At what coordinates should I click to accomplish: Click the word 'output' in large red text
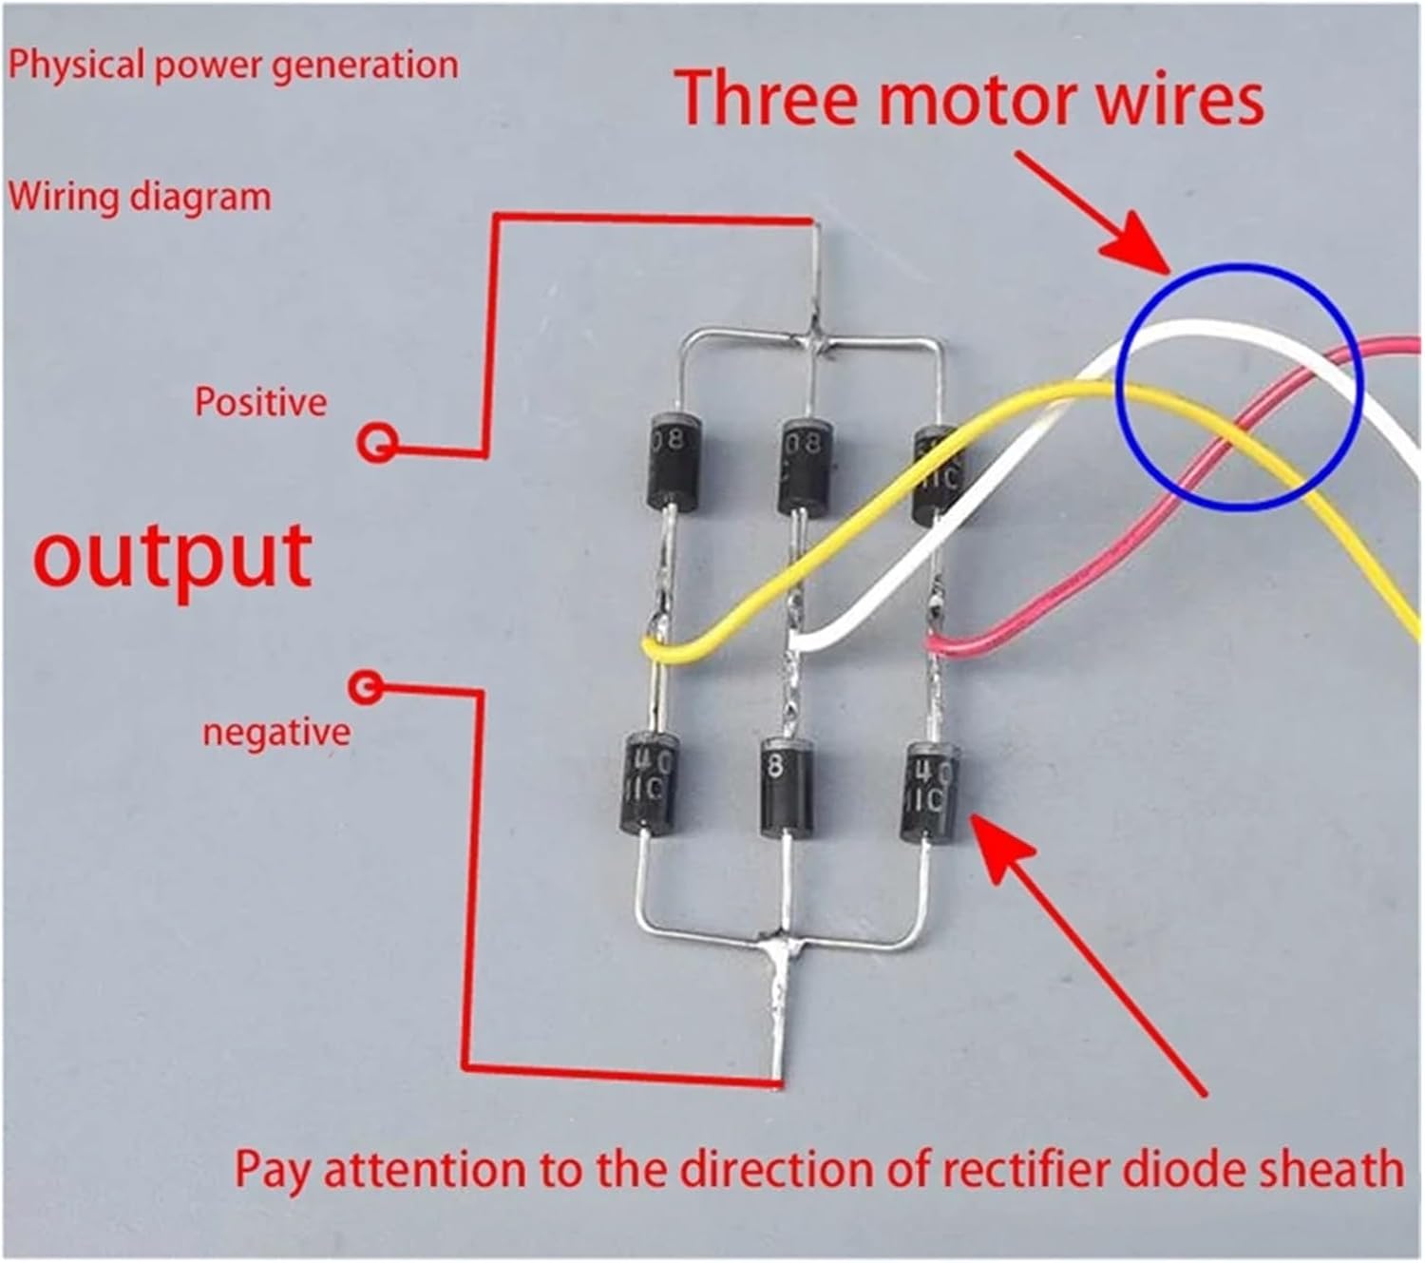(173, 556)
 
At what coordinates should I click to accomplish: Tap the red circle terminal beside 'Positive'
(377, 442)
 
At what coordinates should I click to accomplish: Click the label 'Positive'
(260, 402)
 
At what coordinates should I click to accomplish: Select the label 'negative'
(275, 733)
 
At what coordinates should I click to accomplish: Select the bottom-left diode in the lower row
(651, 784)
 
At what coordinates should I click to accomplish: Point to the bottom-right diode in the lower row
(929, 792)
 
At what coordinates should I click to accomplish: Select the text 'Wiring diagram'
(140, 197)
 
